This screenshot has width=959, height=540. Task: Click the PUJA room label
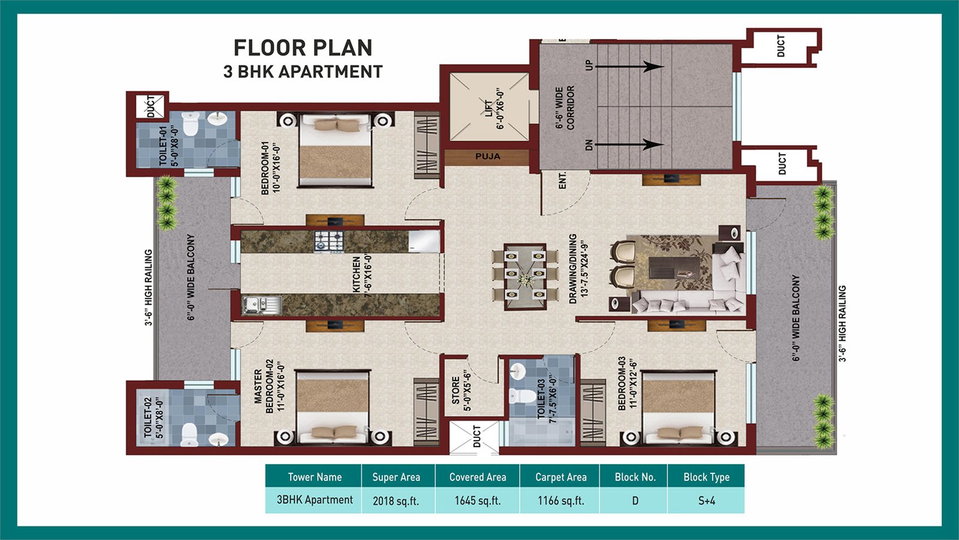point(488,156)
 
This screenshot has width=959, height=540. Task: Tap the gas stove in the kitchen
point(329,242)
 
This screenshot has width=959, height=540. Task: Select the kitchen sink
point(261,305)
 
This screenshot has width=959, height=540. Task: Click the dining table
point(525,276)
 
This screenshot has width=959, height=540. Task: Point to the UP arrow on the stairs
point(629,67)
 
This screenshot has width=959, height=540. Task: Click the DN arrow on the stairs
point(629,145)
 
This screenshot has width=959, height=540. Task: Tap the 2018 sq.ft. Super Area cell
point(396,500)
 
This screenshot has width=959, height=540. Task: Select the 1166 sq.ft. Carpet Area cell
point(561,500)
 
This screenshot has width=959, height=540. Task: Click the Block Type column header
point(707,476)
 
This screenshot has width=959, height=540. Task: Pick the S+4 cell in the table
point(707,500)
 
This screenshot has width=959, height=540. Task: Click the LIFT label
point(488,108)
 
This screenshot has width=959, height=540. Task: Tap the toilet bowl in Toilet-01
point(190,123)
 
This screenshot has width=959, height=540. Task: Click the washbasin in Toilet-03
point(517,371)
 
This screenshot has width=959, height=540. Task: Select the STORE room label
point(456,390)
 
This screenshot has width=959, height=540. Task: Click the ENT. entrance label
point(562,180)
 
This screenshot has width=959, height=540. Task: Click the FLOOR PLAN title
point(303,47)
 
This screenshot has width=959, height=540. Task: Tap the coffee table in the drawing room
point(674,268)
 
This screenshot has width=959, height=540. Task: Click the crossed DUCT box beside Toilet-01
point(150,106)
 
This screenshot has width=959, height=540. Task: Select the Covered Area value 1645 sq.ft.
point(477,500)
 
